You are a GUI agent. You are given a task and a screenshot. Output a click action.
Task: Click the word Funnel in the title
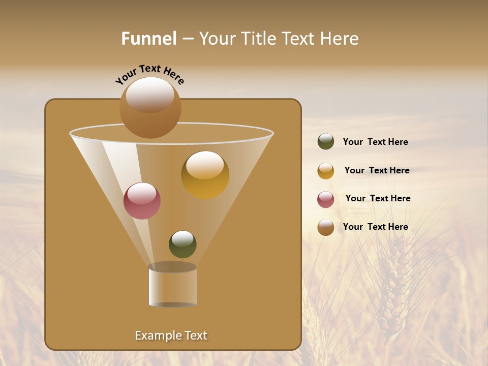149,39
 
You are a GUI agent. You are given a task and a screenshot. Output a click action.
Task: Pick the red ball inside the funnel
142,201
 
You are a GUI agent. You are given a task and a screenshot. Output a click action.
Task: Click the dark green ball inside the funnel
182,245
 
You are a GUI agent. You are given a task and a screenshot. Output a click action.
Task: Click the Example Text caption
171,335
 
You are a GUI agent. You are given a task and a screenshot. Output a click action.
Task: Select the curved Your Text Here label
149,74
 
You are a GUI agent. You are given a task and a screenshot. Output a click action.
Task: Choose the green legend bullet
326,142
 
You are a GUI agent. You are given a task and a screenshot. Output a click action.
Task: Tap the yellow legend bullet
326,171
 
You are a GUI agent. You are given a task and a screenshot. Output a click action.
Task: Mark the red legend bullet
326,199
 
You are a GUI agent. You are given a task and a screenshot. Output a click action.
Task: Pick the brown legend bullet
326,227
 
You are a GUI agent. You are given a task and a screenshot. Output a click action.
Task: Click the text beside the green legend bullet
375,142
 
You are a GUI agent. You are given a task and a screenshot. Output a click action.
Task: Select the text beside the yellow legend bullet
377,171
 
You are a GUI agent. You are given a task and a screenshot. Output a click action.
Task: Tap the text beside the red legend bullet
378,199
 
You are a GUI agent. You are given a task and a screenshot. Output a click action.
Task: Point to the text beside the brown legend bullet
375,227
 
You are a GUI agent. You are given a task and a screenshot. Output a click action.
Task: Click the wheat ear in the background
392,285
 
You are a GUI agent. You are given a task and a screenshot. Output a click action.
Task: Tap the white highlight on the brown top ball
149,94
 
